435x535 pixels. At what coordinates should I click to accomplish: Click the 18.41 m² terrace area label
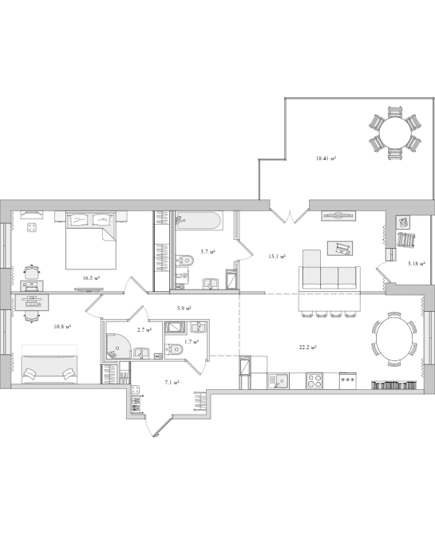(x=326, y=159)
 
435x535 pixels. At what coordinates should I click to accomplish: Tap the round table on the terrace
(x=395, y=132)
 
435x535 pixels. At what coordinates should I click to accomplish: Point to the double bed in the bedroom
(x=91, y=240)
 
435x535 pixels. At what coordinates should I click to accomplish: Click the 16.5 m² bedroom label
(x=91, y=278)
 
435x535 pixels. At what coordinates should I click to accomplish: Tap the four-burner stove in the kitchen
(x=314, y=381)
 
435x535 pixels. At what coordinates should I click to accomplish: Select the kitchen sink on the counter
(x=279, y=381)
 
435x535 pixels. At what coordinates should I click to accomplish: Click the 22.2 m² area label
(x=307, y=348)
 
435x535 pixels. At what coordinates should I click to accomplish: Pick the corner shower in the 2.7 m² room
(x=118, y=345)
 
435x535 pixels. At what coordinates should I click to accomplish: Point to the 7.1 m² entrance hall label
(x=172, y=383)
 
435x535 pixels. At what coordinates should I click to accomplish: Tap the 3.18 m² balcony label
(x=416, y=264)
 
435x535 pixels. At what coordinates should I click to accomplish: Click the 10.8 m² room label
(x=62, y=327)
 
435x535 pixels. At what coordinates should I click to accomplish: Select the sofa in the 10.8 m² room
(x=49, y=369)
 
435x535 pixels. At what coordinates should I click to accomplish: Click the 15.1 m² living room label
(x=277, y=256)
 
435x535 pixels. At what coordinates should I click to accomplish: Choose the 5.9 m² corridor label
(x=184, y=309)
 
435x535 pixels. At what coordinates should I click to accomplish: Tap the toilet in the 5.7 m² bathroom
(x=184, y=261)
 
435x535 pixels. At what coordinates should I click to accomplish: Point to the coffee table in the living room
(x=340, y=248)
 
